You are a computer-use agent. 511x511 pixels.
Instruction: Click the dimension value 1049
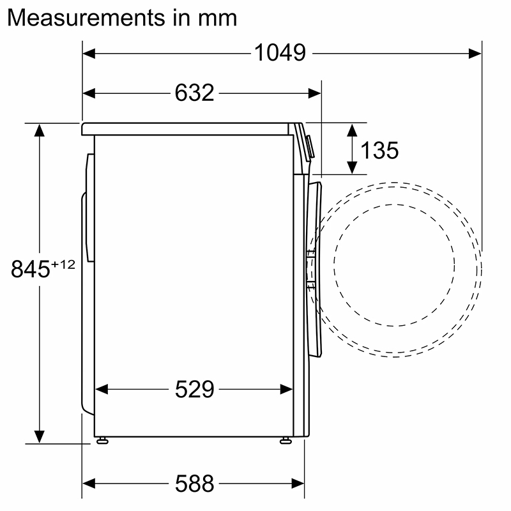[x=280, y=53]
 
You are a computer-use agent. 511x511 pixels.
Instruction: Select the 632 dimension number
[x=194, y=93]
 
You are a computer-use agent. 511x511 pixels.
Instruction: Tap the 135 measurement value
[x=379, y=151]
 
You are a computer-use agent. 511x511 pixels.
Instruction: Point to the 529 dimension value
[x=194, y=389]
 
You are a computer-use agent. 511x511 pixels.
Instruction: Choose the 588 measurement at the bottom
[x=194, y=484]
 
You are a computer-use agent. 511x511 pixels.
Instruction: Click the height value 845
[x=31, y=270]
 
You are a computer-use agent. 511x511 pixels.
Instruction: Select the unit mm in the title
[x=217, y=17]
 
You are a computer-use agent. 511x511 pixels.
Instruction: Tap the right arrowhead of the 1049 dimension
[x=475, y=54]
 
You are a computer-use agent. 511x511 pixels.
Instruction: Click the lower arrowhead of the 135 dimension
[x=351, y=167]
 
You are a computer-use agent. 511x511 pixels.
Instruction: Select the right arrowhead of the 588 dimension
[x=298, y=484]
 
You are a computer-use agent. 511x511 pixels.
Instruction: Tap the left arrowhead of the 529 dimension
[x=101, y=389]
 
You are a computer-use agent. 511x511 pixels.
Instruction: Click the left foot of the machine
[x=102, y=440]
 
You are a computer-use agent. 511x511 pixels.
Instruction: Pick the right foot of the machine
[x=285, y=440]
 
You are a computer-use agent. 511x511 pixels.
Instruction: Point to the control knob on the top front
[x=310, y=146]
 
